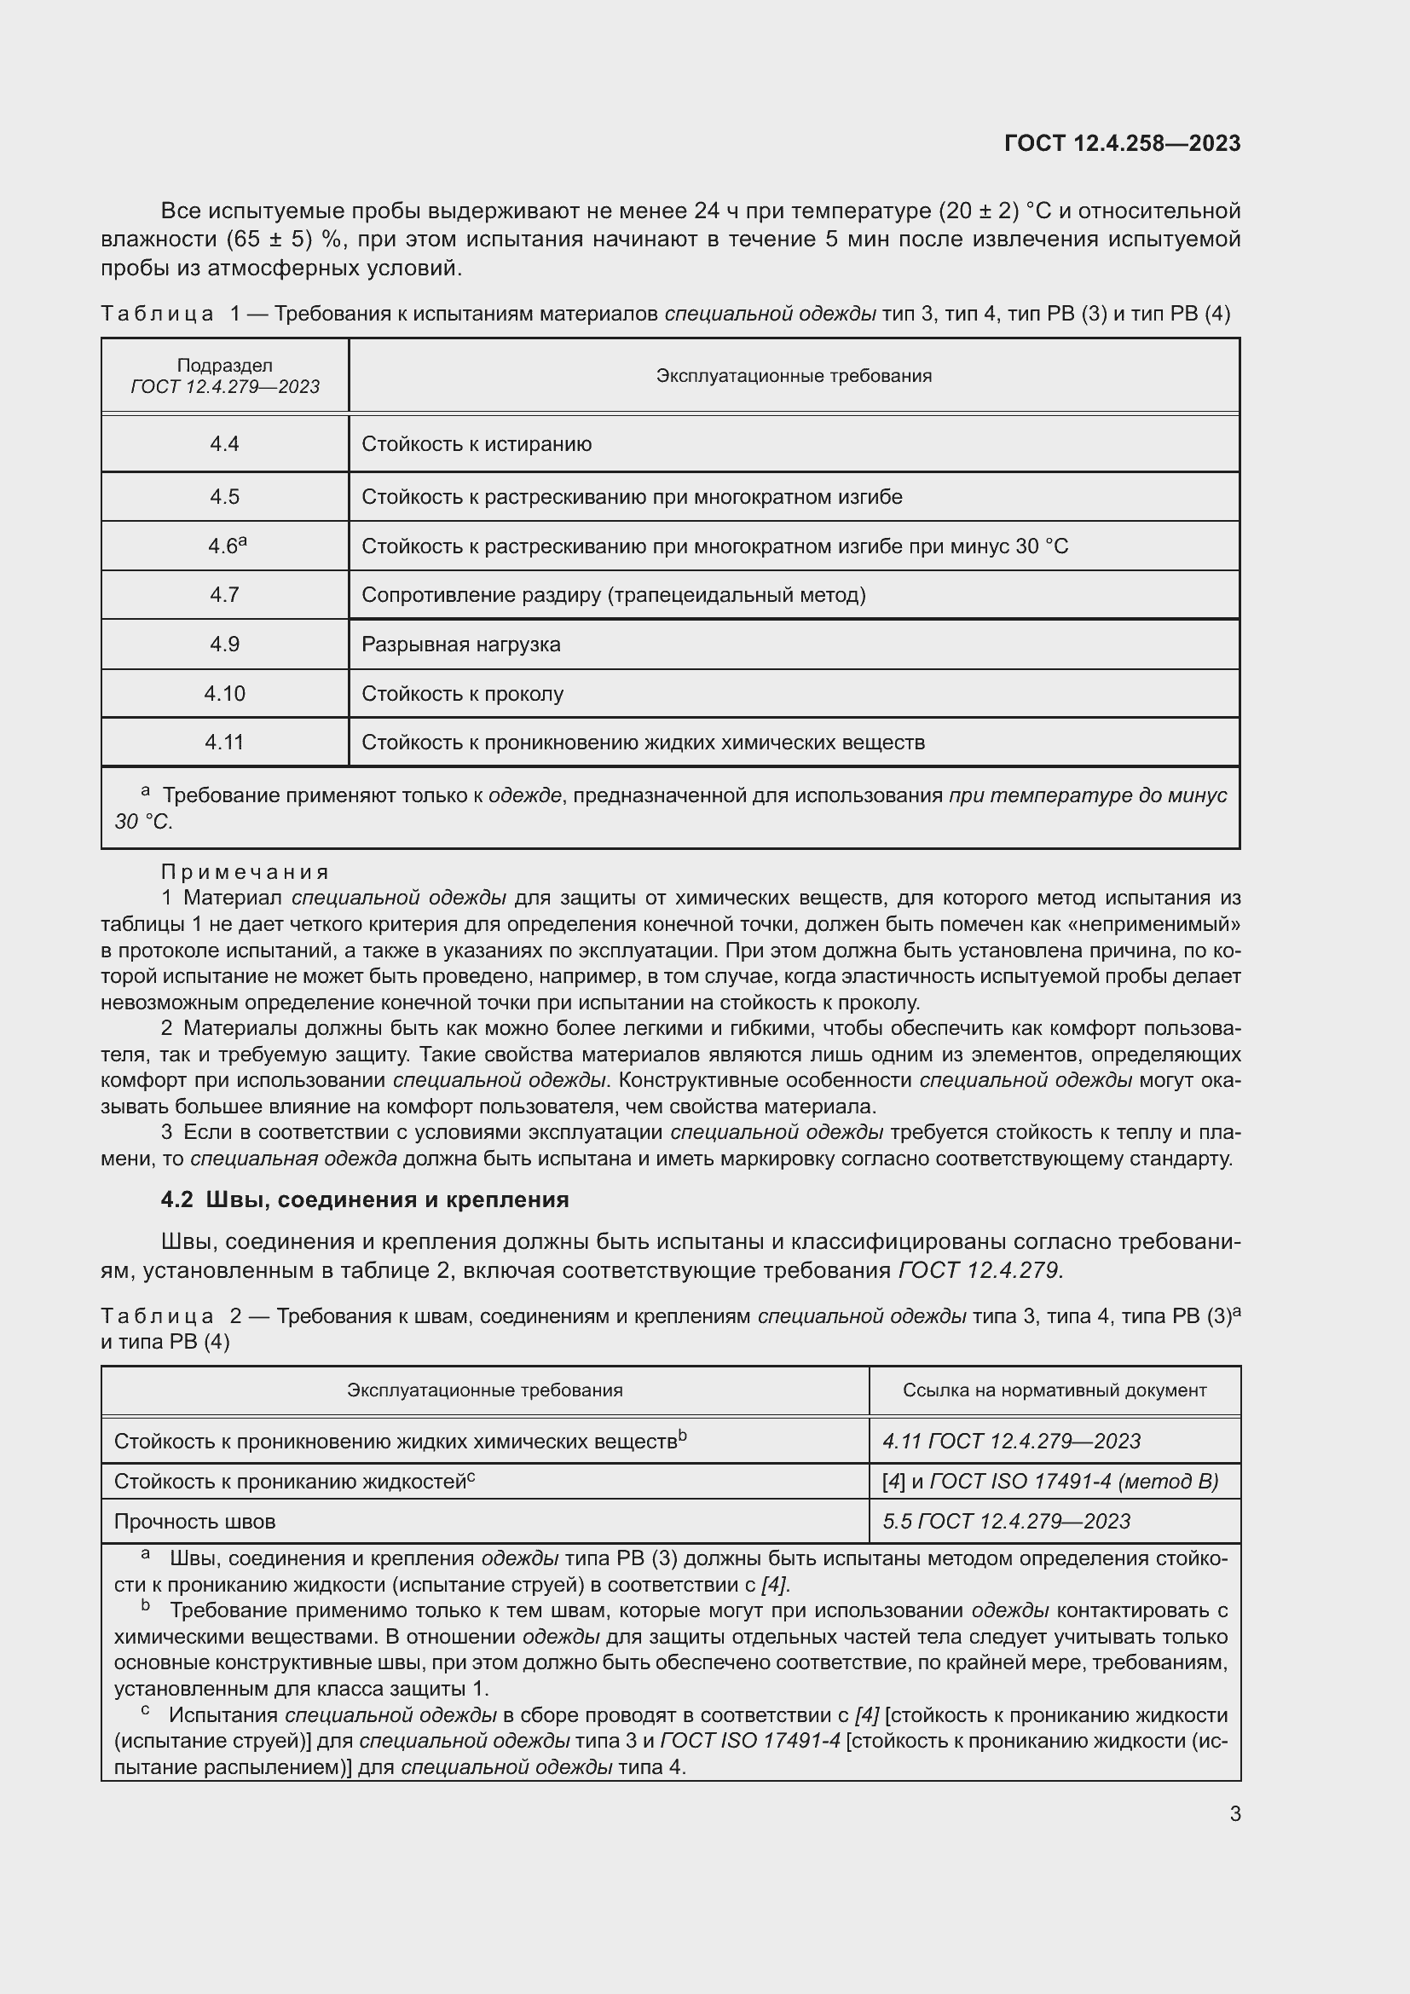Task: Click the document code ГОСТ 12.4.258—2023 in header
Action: pyautogui.click(x=1122, y=143)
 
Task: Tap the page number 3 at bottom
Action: pyautogui.click(x=1234, y=1813)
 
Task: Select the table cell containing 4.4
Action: pyautogui.click(x=224, y=444)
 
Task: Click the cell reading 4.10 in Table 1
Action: pyautogui.click(x=224, y=693)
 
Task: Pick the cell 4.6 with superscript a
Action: pyautogui.click(x=226, y=546)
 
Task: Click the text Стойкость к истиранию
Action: pyautogui.click(x=476, y=444)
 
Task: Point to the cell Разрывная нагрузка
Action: pyautogui.click(x=460, y=644)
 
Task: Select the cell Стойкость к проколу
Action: pyautogui.click(x=462, y=693)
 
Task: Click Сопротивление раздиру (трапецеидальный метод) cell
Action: pyautogui.click(x=613, y=595)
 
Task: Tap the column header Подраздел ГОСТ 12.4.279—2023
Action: pyautogui.click(x=224, y=376)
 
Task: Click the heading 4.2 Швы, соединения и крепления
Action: pyautogui.click(x=365, y=1199)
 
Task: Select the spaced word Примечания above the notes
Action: pyautogui.click(x=245, y=871)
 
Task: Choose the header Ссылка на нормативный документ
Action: pyautogui.click(x=1054, y=1390)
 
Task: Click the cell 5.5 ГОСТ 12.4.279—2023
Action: pyautogui.click(x=1005, y=1521)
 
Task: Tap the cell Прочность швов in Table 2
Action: pyautogui.click(x=194, y=1522)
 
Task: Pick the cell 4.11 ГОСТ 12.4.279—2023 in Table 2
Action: pyautogui.click(x=1011, y=1441)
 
